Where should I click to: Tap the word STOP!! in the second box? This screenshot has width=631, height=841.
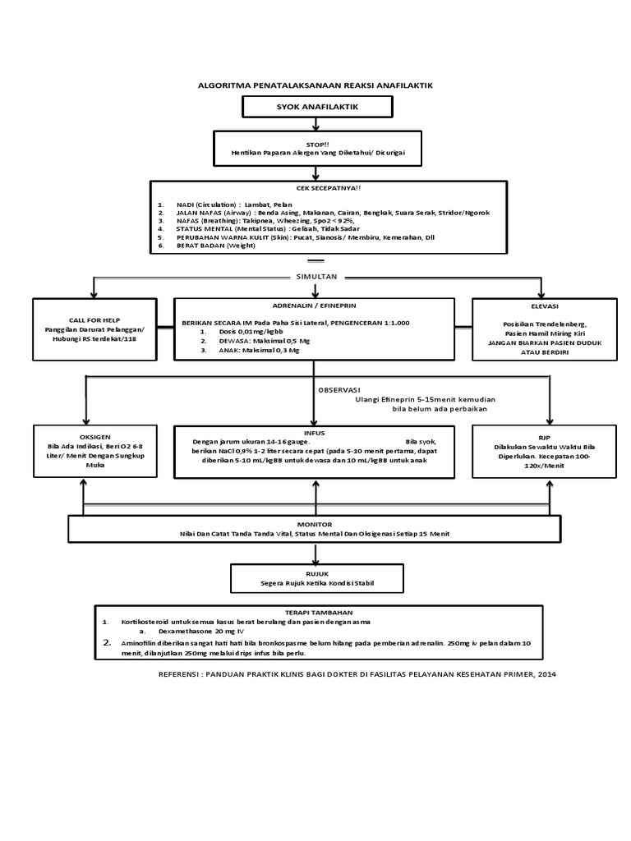pos(317,145)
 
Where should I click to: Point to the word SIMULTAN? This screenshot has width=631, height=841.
pos(316,277)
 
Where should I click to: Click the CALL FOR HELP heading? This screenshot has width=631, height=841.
pos(94,320)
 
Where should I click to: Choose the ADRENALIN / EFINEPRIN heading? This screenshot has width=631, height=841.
pos(314,306)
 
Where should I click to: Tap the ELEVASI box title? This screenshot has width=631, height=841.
pos(545,306)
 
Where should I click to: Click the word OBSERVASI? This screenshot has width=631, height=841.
pos(339,390)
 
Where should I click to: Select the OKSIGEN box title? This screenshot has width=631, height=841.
pos(95,437)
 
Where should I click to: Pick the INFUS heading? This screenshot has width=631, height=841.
pos(314,433)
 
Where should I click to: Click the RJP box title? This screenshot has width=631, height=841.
pos(544,438)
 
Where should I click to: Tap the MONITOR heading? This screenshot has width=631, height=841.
pos(315,525)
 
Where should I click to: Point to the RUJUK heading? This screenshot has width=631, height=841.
pos(317,574)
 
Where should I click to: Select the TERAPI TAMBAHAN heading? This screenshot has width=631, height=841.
pos(319,613)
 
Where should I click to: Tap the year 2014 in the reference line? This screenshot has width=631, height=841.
pos(547,674)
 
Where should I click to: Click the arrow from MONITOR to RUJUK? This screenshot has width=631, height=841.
pos(316,554)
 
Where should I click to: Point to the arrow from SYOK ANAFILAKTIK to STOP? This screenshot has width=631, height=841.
pos(316,125)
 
